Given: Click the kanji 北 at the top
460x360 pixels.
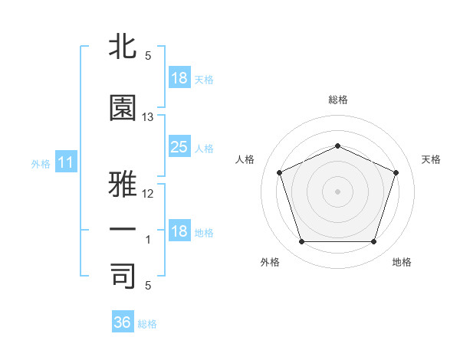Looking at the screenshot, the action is (x=123, y=46).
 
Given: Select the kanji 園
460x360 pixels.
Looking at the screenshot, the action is (x=123, y=107).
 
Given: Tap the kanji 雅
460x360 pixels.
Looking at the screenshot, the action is (x=123, y=184).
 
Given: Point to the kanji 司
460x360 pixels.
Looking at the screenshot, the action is (x=123, y=276).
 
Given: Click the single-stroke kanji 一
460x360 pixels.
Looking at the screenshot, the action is (x=123, y=229).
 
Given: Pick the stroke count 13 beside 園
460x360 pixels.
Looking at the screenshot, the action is (x=147, y=117).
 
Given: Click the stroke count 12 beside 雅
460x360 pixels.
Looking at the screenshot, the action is (x=147, y=194).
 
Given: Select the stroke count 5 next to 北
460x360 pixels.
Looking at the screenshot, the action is (x=148, y=56).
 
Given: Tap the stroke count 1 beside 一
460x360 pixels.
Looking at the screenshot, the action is (x=148, y=240).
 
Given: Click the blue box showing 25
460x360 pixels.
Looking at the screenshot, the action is (x=179, y=146).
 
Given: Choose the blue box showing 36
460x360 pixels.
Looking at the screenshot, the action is (x=123, y=321).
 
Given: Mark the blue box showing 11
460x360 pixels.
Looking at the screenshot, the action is (x=66, y=162).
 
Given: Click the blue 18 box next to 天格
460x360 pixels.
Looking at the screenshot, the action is (x=179, y=77).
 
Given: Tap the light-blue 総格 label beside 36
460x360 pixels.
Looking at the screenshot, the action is (x=147, y=324).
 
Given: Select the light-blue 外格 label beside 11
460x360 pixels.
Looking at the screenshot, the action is (x=41, y=164).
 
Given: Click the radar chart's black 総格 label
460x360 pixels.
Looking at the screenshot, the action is (x=338, y=100).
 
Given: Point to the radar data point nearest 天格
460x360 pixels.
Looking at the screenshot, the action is (x=396, y=172).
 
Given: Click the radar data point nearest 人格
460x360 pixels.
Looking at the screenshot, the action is (x=280, y=172).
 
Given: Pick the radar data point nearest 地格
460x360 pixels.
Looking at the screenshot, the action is (x=373, y=241).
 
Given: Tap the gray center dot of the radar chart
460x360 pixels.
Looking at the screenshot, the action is (x=337, y=191).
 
